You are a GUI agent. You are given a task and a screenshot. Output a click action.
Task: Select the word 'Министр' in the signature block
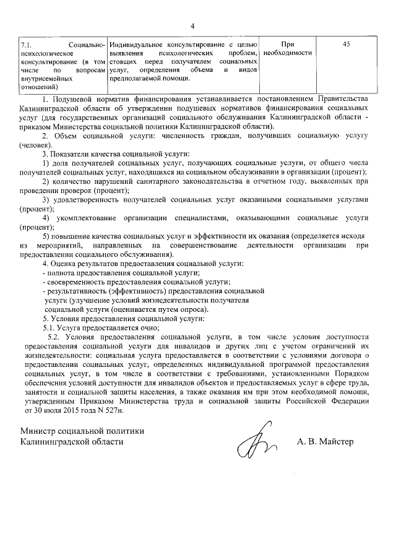point(39,431)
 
